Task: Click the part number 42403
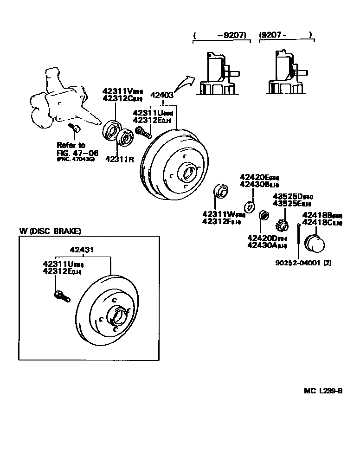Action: (x=162, y=96)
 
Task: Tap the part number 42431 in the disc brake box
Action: (x=82, y=250)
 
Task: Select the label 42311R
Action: (x=120, y=159)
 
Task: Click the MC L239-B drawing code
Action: (x=323, y=391)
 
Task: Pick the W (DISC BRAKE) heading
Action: (x=50, y=231)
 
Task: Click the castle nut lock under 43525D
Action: (x=282, y=226)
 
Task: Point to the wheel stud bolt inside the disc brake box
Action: (x=62, y=295)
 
